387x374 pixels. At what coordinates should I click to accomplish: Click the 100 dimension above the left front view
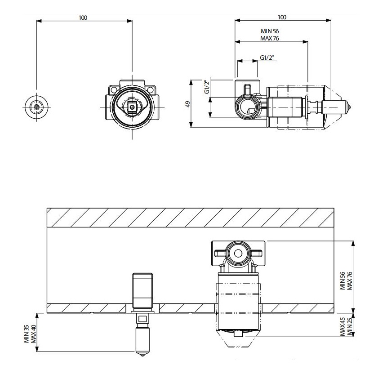tap(83, 18)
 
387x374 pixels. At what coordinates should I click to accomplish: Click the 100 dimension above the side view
tap(282, 17)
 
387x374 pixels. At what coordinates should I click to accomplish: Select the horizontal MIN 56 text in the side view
tap(270, 31)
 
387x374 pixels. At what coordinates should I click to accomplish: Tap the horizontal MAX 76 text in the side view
tap(270, 39)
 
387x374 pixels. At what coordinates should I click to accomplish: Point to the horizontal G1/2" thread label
tap(267, 58)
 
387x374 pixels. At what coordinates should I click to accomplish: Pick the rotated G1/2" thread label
tap(207, 86)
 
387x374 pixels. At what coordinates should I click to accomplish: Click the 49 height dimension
tap(188, 104)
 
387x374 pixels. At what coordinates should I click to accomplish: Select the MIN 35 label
tap(27, 334)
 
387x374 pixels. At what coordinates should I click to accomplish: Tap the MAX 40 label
tap(34, 334)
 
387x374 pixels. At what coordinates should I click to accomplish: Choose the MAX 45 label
tap(343, 327)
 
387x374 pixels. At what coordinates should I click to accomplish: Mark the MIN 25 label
tap(350, 326)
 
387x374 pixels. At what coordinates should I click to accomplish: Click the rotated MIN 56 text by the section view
tap(343, 280)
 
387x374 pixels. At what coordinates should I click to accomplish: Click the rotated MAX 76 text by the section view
tap(350, 281)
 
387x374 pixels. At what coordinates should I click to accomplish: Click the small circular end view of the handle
tap(36, 107)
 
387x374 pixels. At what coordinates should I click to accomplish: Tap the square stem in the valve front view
tap(133, 107)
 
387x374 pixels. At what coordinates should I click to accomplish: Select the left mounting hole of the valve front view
tap(114, 89)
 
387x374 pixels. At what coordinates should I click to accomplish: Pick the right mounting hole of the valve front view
tap(151, 89)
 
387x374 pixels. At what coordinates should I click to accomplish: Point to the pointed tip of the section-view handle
tap(142, 356)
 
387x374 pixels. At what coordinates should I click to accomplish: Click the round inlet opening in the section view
tap(238, 253)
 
